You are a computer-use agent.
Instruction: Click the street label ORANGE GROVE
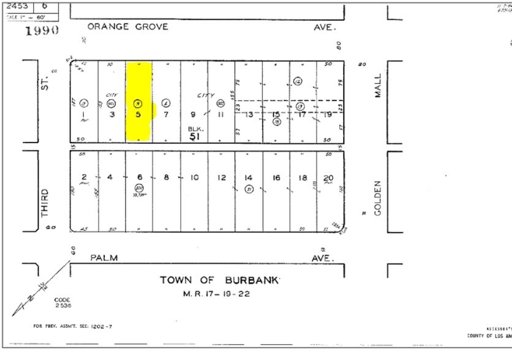point(126,27)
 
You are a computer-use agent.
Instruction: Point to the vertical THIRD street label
point(44,203)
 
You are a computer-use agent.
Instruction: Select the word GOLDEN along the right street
point(377,197)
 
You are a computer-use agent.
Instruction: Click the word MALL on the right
point(377,87)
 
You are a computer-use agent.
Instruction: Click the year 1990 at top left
point(42,29)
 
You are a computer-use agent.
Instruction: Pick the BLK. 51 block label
point(195,133)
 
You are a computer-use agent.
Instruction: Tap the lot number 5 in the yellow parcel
point(138,114)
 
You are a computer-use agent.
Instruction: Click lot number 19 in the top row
point(329,114)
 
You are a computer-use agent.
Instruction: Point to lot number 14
point(249,178)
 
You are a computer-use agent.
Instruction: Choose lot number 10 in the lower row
point(194,178)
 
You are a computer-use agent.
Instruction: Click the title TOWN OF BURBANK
point(219,280)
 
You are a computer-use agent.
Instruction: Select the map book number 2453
point(17,6)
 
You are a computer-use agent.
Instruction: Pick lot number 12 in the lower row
point(221,178)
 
